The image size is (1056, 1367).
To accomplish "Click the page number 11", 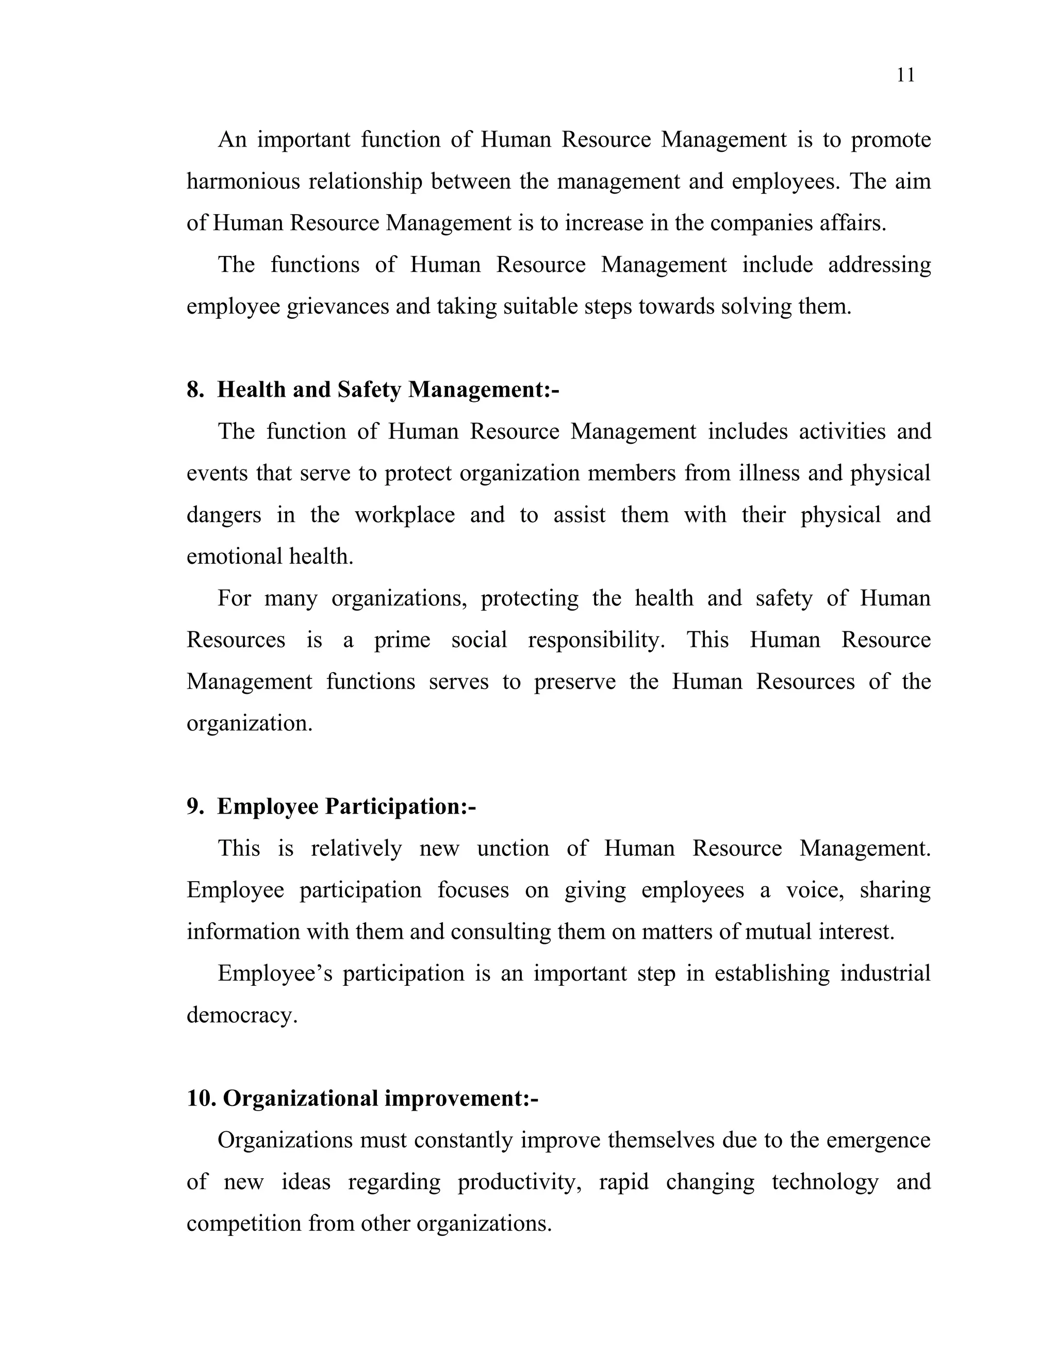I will click(905, 75).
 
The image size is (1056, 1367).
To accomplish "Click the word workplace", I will click(404, 515).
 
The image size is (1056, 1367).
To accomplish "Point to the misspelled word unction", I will click(513, 849).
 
